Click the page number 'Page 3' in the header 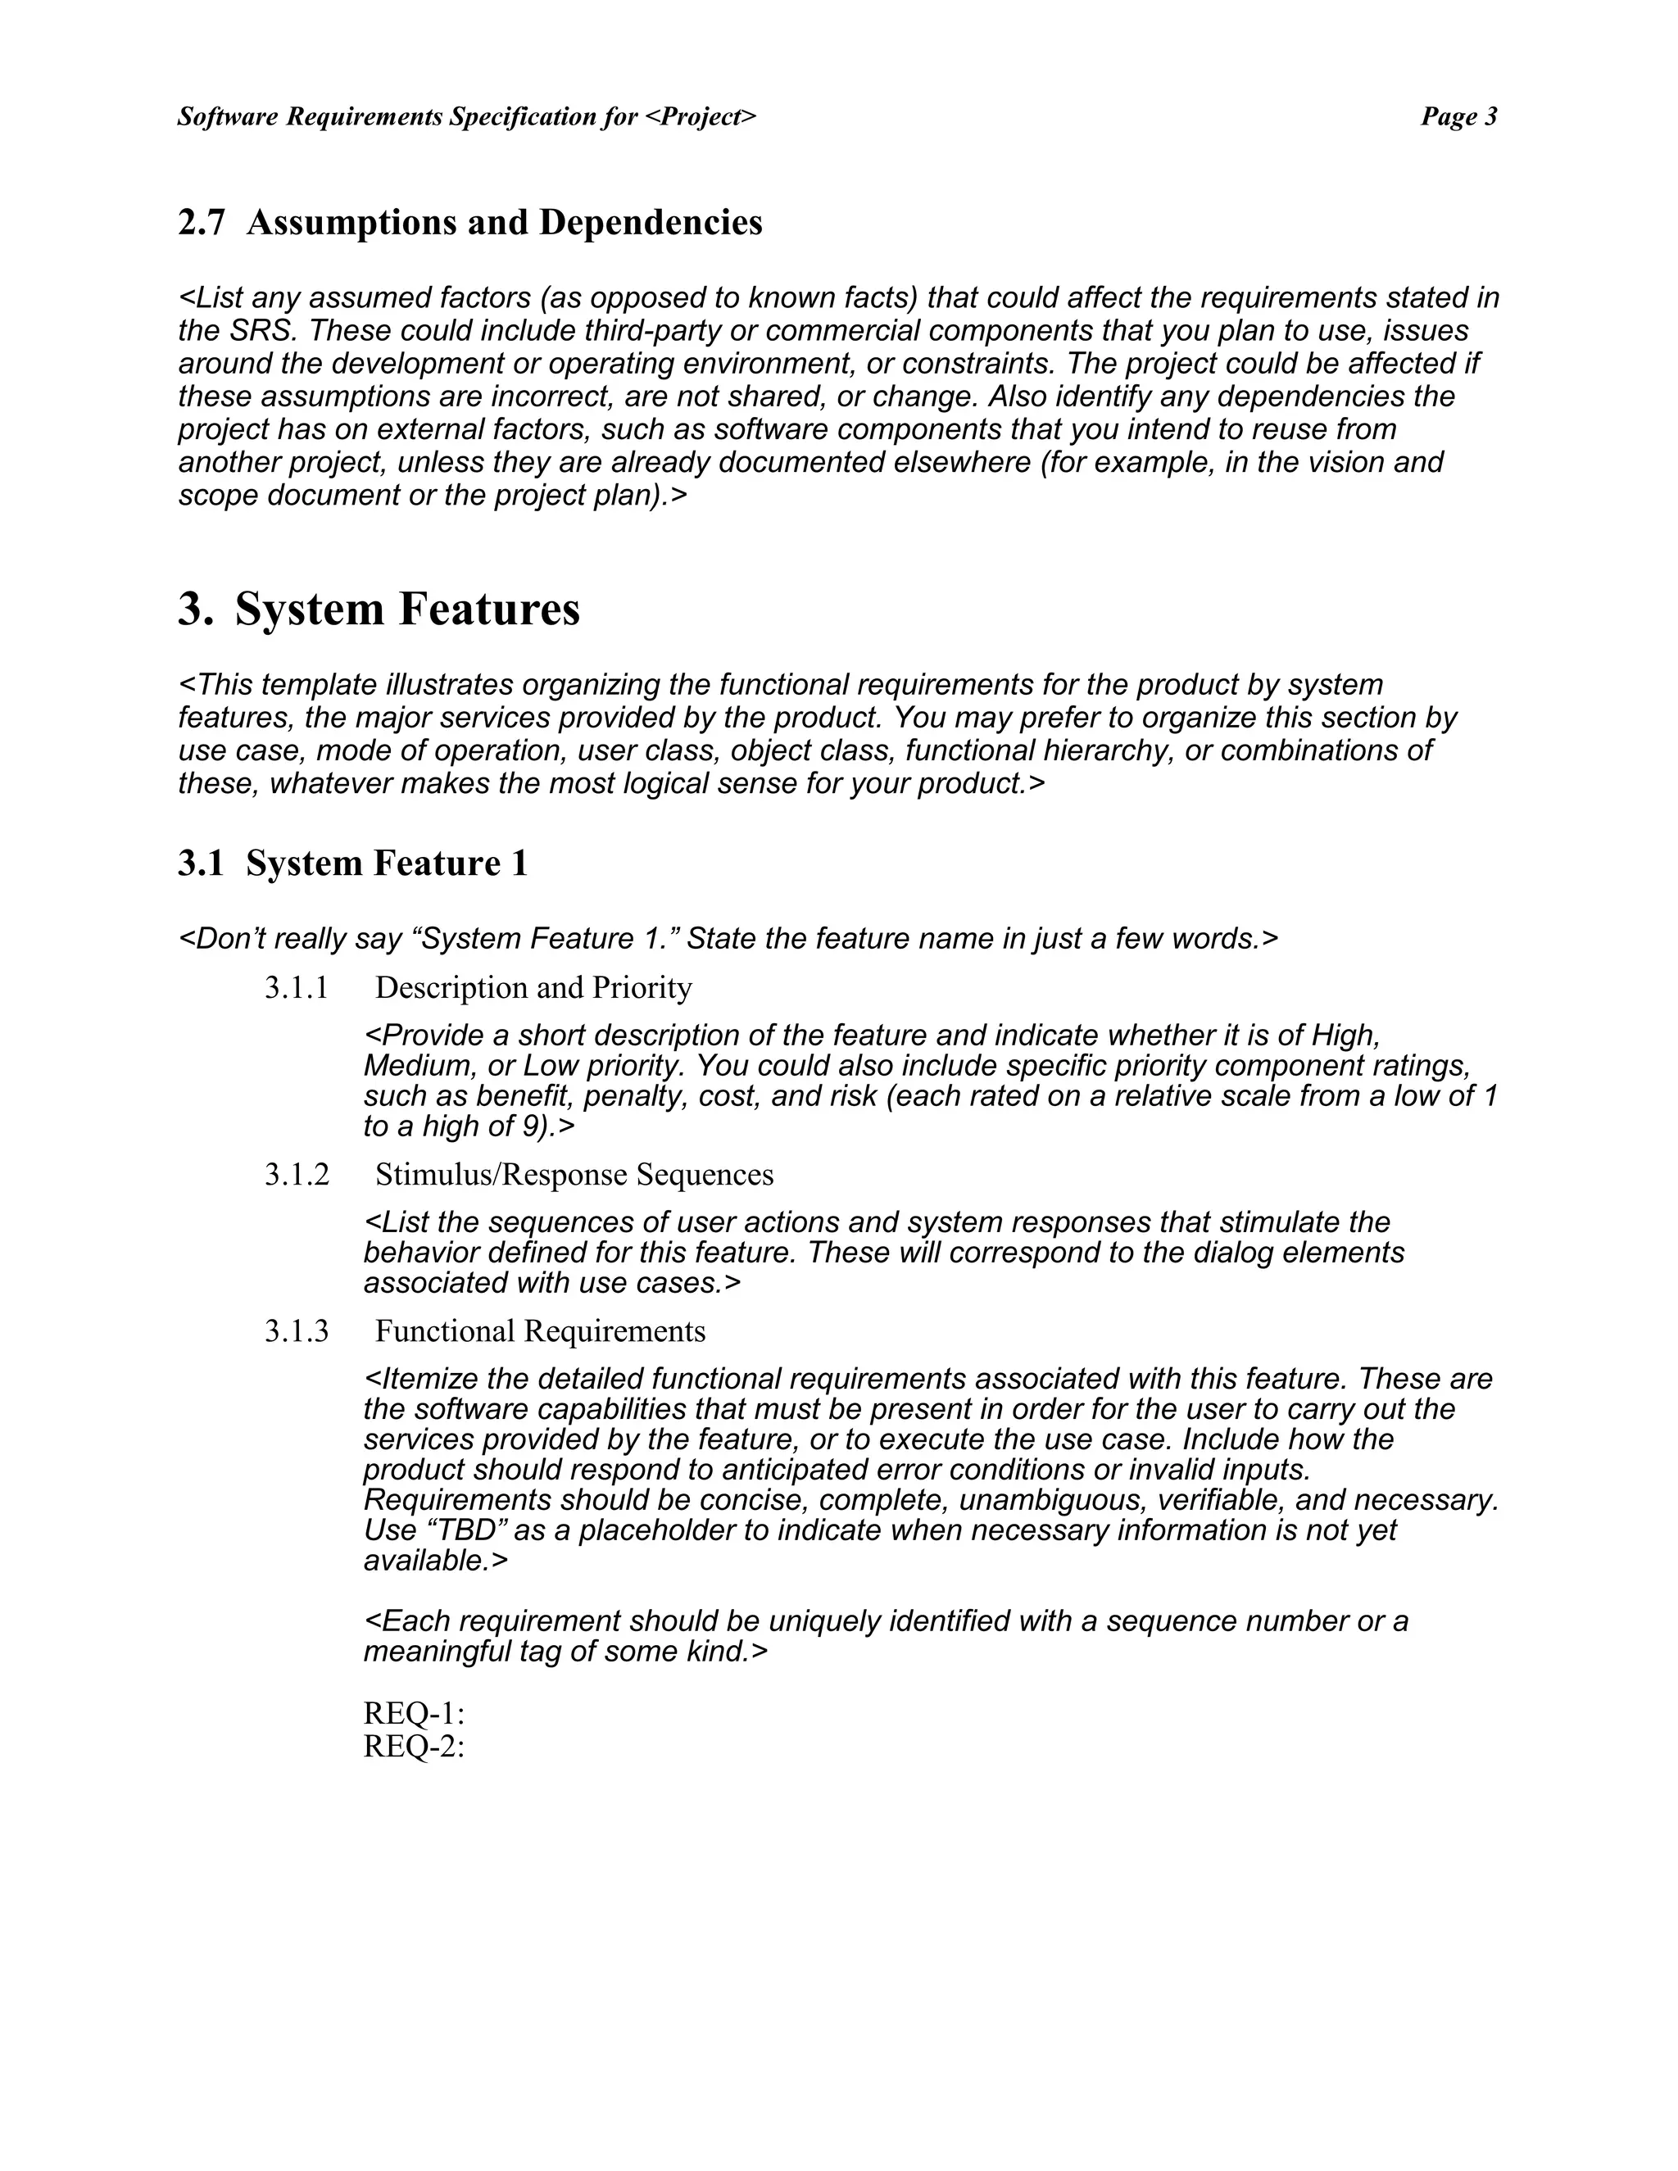click(1458, 117)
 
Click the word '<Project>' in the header click(700, 117)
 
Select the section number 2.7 click(202, 223)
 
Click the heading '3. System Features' click(379, 609)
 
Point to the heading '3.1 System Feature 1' click(353, 863)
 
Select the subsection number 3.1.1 click(297, 988)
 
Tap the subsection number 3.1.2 click(297, 1175)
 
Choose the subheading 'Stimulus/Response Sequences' click(574, 1175)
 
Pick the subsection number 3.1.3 click(297, 1331)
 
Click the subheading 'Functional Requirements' click(540, 1331)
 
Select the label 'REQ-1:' click(414, 1713)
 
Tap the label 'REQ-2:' click(414, 1746)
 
